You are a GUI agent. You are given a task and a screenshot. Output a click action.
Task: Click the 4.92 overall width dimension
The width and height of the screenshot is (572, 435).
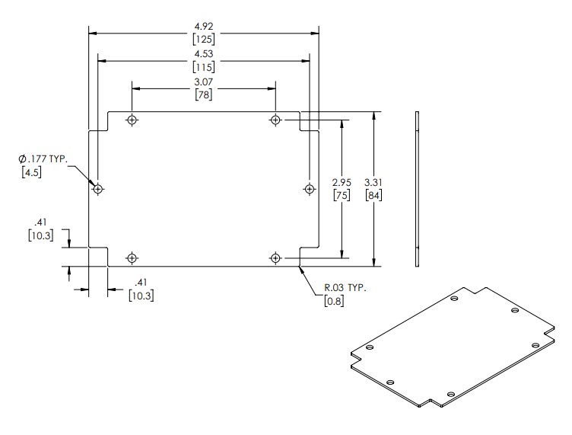pos(203,26)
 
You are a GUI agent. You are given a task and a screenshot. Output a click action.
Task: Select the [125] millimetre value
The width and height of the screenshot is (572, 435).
pos(203,39)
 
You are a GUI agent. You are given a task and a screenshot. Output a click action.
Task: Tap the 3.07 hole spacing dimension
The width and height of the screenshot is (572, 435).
pos(203,82)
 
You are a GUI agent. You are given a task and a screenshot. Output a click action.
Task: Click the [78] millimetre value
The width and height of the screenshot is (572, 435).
pos(203,94)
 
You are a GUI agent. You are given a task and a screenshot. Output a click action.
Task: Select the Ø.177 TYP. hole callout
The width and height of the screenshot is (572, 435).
pos(44,158)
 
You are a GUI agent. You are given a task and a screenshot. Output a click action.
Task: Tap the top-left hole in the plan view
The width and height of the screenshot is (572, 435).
pos(132,120)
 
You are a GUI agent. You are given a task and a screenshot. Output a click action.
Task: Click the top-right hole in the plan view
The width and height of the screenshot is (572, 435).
pos(275,120)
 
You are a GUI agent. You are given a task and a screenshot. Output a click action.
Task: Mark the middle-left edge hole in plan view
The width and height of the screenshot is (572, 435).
pos(98,188)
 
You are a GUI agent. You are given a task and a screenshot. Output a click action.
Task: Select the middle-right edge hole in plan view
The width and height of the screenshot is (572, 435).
pos(309,188)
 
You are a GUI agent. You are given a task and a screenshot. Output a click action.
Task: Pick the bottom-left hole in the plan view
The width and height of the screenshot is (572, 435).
pos(132,258)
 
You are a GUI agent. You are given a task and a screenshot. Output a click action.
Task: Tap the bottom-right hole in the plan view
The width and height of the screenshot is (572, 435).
pos(275,258)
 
